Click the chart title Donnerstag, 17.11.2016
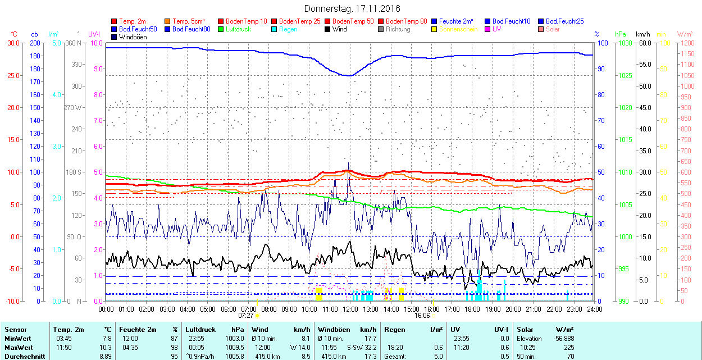(352, 9)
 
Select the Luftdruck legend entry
(238, 29)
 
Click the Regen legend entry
(288, 29)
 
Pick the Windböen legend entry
(133, 37)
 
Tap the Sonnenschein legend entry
(458, 29)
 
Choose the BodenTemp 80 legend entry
(406, 21)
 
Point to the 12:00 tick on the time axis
(350, 309)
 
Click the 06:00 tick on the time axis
(229, 309)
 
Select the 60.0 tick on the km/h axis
(644, 43)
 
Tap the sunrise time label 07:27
(247, 316)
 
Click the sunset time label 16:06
(422, 316)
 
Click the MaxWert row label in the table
(19, 347)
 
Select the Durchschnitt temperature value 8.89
(104, 356)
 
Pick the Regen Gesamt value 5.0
(438, 356)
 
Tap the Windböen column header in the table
(334, 330)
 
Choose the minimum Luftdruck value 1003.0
(234, 339)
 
